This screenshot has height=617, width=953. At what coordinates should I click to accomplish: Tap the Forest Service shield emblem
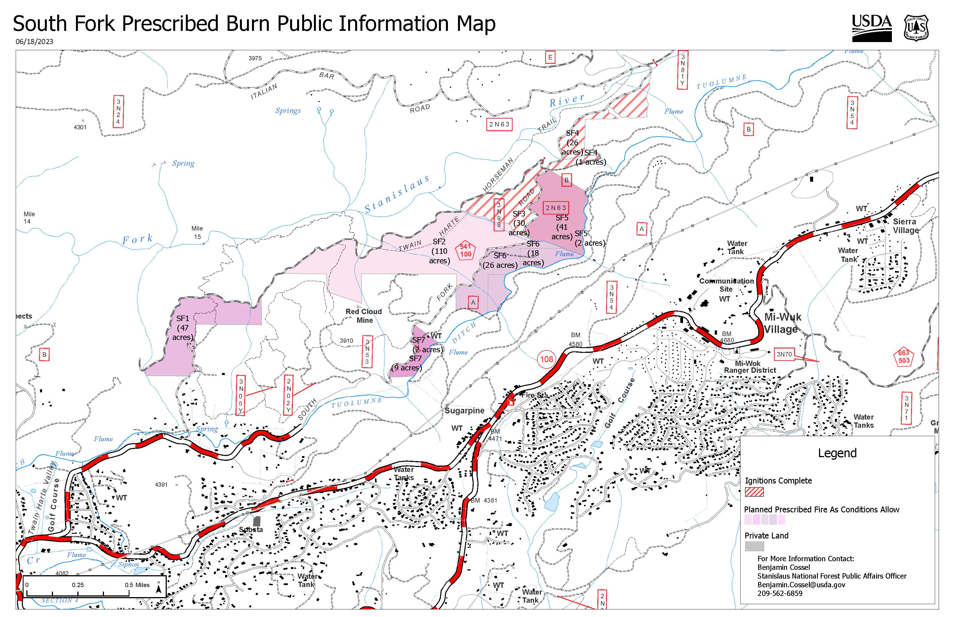pos(916,27)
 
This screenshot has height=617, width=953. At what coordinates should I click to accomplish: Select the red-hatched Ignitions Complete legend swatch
pos(754,492)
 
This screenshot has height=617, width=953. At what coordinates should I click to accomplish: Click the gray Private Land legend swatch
pos(754,546)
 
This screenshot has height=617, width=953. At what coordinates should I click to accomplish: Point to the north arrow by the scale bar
pos(159,588)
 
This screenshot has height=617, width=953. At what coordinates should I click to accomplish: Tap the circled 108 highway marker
pos(546,359)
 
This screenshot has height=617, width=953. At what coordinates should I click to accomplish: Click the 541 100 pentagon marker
pos(465,251)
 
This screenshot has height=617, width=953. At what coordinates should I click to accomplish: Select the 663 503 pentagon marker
pos(904,356)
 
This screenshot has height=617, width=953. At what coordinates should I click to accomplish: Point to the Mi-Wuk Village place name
pos(782,323)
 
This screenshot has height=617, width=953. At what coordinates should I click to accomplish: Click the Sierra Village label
pos(905,226)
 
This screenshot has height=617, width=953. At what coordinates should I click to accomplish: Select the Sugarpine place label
pos(464,411)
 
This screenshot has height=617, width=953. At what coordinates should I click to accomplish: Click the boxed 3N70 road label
pos(784,354)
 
